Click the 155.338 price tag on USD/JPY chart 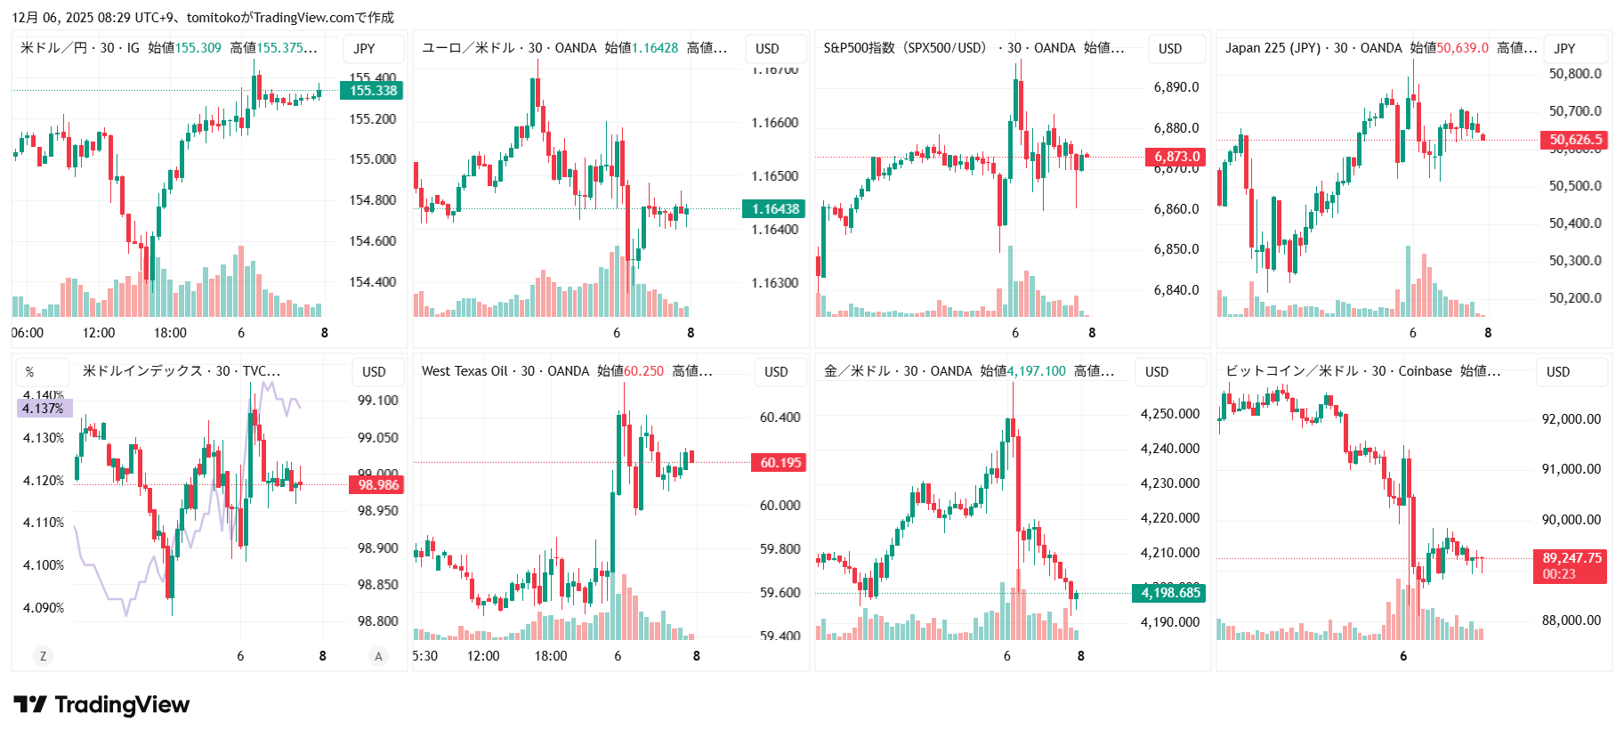tap(372, 90)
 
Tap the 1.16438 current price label tap(774, 209)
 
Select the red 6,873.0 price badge tap(1176, 157)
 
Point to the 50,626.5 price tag tap(1574, 140)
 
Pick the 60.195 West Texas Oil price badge tap(780, 463)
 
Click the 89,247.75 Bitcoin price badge tap(1571, 565)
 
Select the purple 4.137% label tap(44, 409)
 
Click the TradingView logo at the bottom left tap(101, 705)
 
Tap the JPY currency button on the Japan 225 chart tap(1564, 48)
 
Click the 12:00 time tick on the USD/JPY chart tap(98, 333)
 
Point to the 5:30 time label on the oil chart tap(425, 656)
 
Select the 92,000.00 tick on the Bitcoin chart tap(1571, 419)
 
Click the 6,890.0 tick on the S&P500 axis tap(1176, 87)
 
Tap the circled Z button tap(43, 656)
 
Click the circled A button tap(378, 656)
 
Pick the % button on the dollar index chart tap(30, 372)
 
